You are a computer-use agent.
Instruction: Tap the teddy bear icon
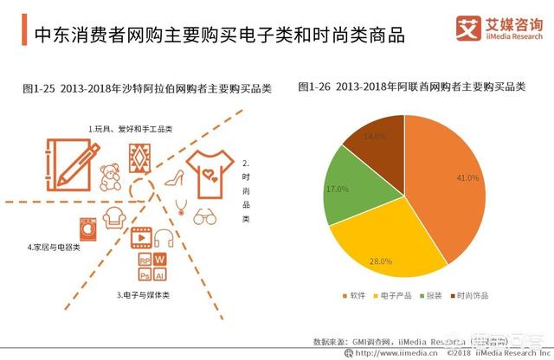110,177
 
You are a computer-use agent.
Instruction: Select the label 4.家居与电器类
54,247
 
